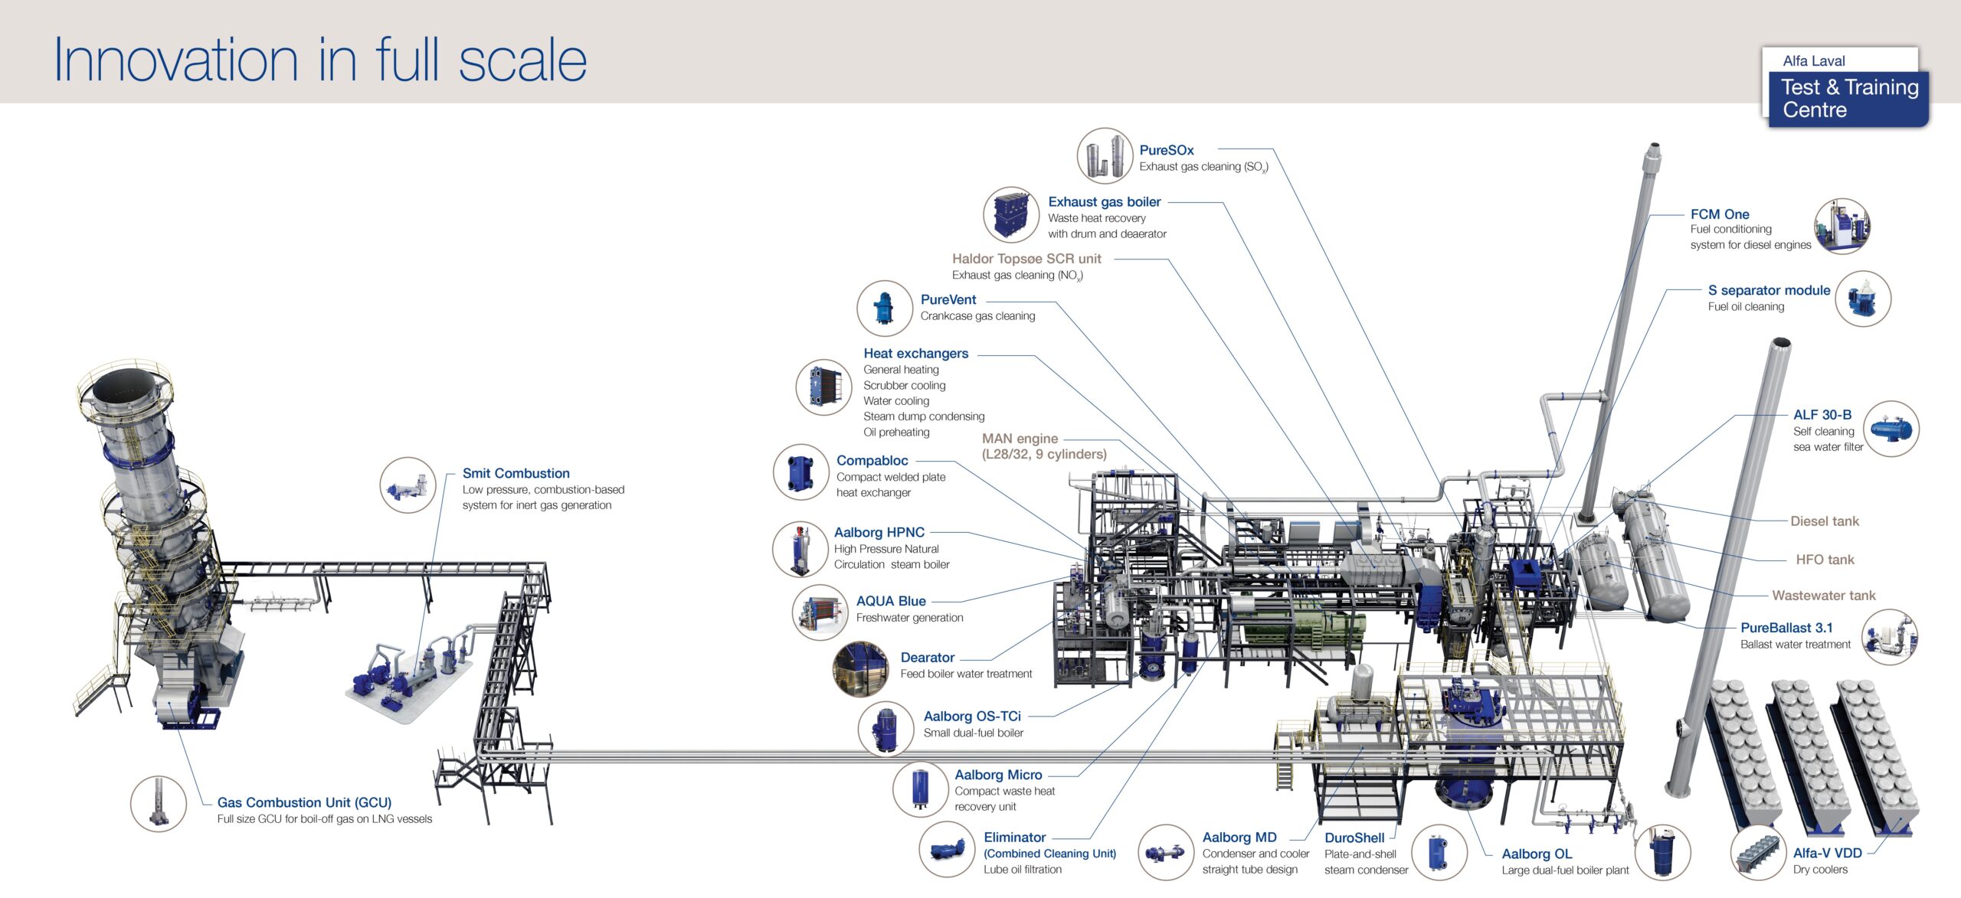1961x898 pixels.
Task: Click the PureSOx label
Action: click(1166, 151)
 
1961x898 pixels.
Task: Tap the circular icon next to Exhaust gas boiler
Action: click(1011, 214)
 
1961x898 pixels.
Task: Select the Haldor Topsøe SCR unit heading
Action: click(1026, 259)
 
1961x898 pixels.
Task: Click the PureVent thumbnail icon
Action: click(885, 309)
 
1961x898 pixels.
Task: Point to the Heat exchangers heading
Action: click(916, 354)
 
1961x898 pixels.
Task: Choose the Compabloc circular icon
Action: click(800, 472)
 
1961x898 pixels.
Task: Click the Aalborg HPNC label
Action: click(879, 533)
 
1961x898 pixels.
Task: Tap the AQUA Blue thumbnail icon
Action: click(820, 612)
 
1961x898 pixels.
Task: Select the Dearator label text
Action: click(928, 658)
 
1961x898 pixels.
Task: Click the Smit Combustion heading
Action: click(516, 474)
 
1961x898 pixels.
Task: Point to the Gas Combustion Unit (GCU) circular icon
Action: click(159, 803)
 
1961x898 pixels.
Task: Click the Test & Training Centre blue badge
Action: click(1848, 99)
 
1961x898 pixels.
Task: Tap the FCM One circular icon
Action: click(1842, 227)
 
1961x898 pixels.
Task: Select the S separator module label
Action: click(1769, 291)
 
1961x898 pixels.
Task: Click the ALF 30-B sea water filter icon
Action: click(1891, 429)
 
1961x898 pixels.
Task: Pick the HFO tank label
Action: click(1825, 560)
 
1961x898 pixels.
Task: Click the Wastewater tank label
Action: click(1824, 596)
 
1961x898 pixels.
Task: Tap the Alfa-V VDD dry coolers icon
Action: click(1759, 852)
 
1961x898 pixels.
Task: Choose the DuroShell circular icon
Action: click(1439, 852)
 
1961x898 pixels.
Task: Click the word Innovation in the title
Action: click(176, 60)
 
